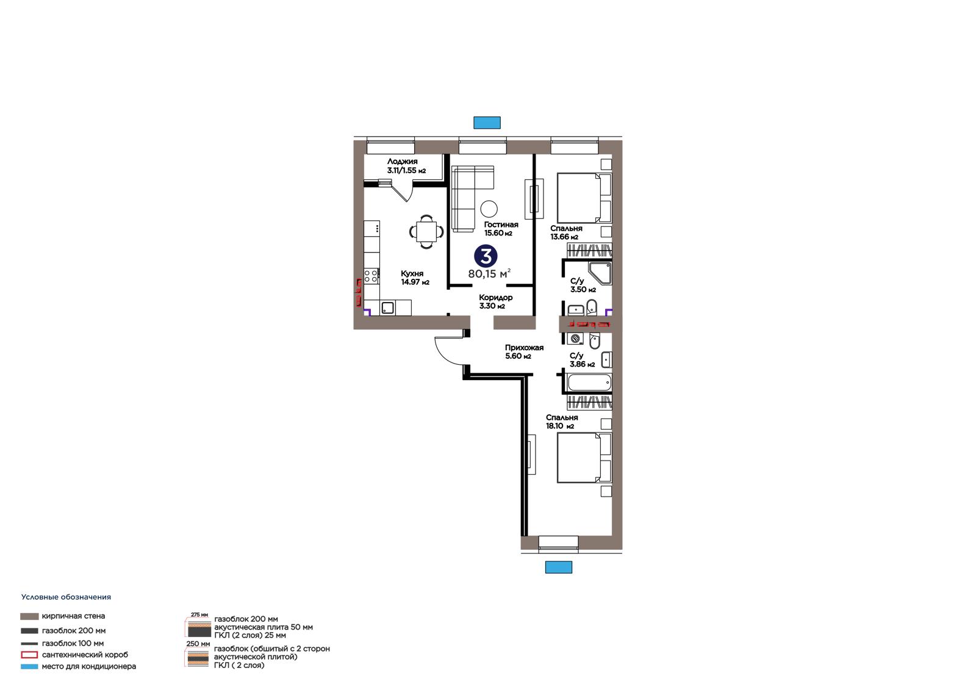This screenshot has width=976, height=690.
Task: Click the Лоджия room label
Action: click(402, 161)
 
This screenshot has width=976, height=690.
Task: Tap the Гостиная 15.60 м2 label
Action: click(501, 228)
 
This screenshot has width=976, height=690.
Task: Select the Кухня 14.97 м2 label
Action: click(415, 278)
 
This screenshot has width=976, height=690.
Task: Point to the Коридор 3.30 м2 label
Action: click(495, 301)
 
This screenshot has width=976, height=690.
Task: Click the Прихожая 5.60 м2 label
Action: click(524, 351)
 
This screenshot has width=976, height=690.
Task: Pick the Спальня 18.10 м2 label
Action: click(562, 422)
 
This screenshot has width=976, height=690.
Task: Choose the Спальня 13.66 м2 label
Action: click(566, 232)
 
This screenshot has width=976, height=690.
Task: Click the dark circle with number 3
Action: click(486, 256)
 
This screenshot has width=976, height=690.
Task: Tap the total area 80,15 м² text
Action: click(489, 274)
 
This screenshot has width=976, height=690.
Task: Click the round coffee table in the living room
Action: click(489, 209)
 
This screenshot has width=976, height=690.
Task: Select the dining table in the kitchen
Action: click(426, 231)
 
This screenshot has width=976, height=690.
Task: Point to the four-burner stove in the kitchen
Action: click(371, 276)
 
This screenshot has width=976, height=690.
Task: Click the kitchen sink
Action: click(387, 307)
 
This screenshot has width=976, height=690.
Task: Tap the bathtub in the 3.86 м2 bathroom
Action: click(589, 383)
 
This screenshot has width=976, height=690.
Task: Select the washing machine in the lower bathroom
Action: click(575, 338)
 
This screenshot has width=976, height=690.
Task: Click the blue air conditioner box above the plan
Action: click(487, 123)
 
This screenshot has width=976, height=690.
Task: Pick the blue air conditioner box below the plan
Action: click(559, 567)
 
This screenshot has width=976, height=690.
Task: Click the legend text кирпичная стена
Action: click(73, 616)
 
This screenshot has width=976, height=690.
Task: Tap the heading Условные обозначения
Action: click(66, 597)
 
